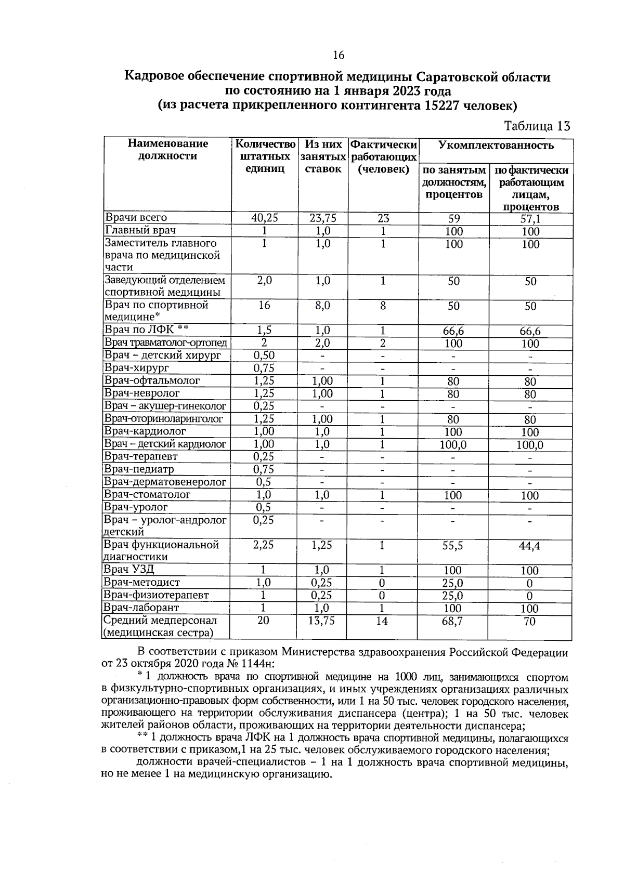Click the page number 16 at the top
click(339, 56)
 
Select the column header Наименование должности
click(167, 150)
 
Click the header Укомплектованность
click(496, 146)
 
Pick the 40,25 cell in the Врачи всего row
click(264, 218)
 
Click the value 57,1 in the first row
click(530, 219)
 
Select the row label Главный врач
click(140, 231)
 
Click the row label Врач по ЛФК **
click(146, 330)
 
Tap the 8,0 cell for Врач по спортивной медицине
click(322, 306)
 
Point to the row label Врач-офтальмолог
click(152, 381)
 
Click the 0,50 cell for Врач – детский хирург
click(264, 356)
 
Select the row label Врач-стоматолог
click(147, 495)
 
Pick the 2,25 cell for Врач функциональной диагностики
click(264, 545)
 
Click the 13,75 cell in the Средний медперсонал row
click(321, 621)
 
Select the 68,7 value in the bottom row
click(452, 621)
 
